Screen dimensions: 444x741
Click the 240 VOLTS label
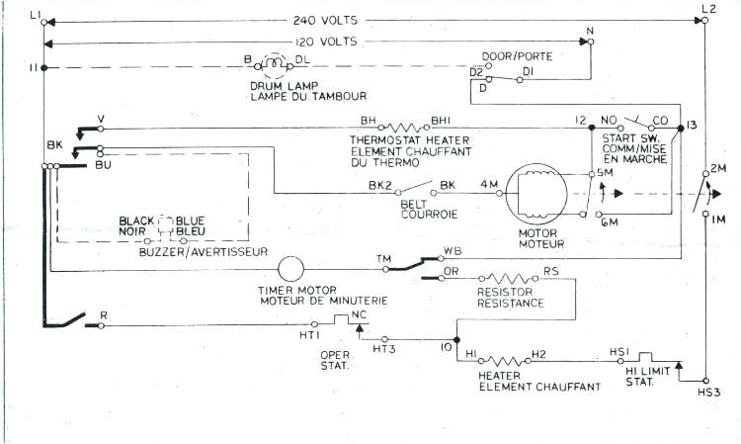pyautogui.click(x=333, y=20)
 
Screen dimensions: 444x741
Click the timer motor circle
pyautogui.click(x=292, y=269)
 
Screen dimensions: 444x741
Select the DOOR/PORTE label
pyautogui.click(x=516, y=56)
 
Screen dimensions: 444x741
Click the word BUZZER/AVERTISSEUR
pyautogui.click(x=204, y=253)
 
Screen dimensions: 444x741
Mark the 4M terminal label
pyautogui.click(x=489, y=184)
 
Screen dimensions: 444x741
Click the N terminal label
pyautogui.click(x=590, y=32)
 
